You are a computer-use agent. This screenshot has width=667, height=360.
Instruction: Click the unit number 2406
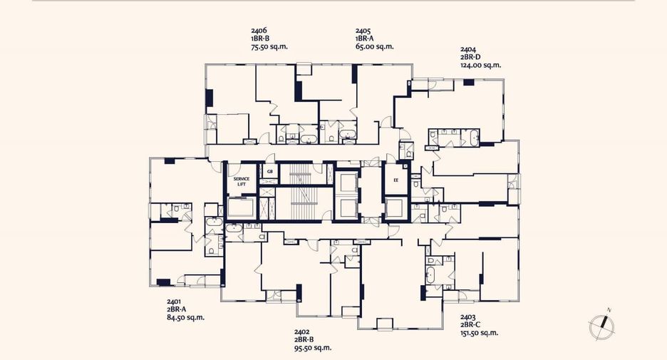[259, 30]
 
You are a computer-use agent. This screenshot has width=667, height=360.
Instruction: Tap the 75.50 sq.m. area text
[269, 47]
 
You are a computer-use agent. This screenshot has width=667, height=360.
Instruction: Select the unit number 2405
[363, 30]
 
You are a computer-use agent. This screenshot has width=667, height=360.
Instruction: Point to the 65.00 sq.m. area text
[374, 47]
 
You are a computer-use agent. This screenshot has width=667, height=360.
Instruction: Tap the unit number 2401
[175, 302]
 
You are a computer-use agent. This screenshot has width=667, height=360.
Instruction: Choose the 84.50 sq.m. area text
[185, 317]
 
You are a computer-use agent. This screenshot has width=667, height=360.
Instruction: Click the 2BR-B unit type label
[304, 339]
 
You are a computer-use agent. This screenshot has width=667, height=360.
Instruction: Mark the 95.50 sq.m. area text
[313, 348]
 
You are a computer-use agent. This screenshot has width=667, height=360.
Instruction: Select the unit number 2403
[468, 317]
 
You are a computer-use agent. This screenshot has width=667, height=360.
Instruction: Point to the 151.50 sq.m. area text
[479, 333]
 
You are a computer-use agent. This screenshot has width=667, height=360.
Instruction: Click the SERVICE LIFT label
[241, 181]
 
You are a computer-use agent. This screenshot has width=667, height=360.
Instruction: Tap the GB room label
[269, 172]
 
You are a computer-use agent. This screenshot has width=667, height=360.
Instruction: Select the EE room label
[396, 180]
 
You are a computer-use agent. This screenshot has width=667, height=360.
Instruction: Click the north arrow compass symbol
[602, 326]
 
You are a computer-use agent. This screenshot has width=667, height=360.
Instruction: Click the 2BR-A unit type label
[177, 309]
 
